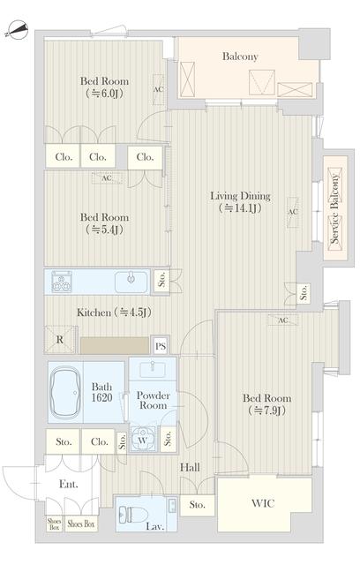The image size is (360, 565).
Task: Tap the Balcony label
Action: [x=240, y=56]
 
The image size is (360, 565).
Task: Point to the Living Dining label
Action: [x=240, y=196]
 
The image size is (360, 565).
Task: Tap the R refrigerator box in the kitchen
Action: [x=59, y=339]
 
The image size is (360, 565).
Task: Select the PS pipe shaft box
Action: [x=161, y=345]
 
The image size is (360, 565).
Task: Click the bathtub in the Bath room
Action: [x=67, y=389]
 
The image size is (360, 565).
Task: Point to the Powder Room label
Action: [x=153, y=400]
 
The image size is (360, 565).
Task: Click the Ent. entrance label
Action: [x=68, y=484]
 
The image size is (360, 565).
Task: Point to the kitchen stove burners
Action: [x=62, y=283]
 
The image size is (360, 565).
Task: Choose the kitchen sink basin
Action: [x=132, y=282]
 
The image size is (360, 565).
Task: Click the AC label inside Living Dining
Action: [x=291, y=213]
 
